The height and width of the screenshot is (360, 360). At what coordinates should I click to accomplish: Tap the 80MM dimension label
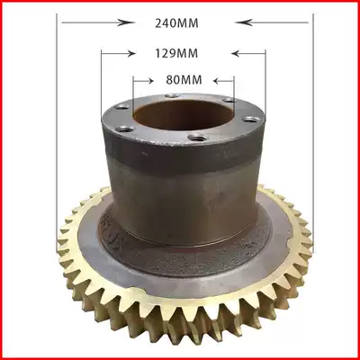[x=183, y=79]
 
